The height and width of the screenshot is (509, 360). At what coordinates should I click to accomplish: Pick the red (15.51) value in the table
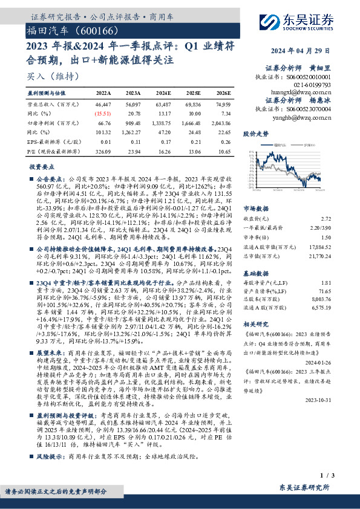[x=103, y=113]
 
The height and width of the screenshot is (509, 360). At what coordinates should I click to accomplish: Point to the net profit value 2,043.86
[x=222, y=122]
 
